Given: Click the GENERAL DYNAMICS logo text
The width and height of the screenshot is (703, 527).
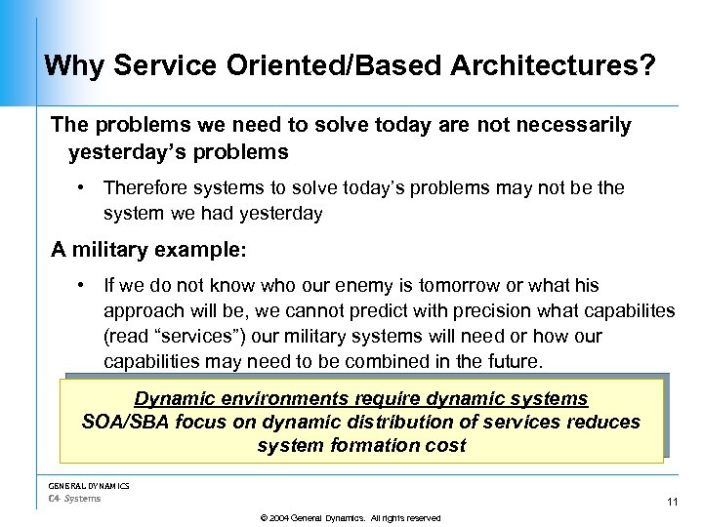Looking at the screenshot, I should point(89,485).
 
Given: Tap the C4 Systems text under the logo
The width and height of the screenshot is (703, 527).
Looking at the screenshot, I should point(74,499).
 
